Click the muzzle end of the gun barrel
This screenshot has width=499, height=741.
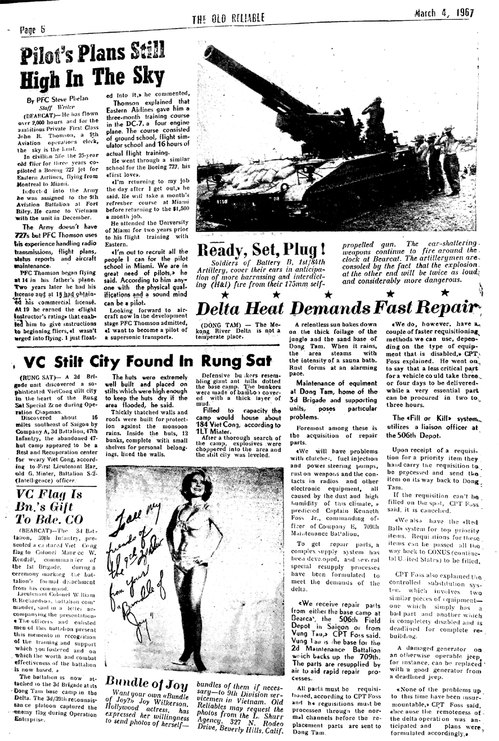click(x=210, y=53)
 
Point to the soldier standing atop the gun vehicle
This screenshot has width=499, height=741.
click(x=374, y=121)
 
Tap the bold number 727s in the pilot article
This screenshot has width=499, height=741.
click(x=25, y=235)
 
